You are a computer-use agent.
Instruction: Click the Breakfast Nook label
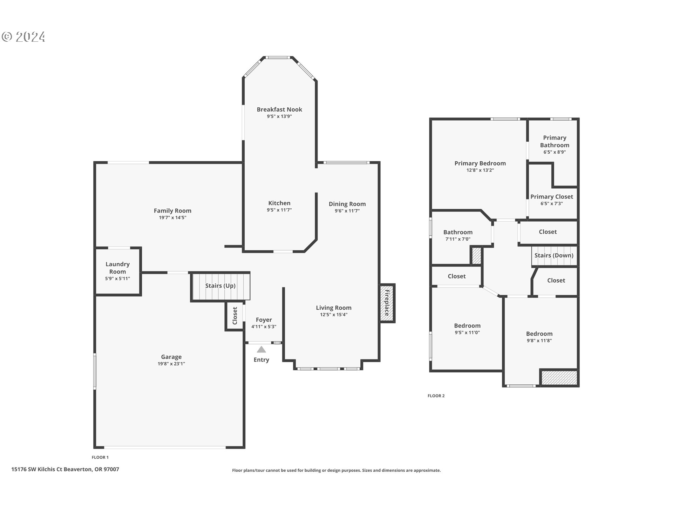coord(279,109)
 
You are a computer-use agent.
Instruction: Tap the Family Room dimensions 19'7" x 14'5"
coord(172,218)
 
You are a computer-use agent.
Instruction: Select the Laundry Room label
coord(117,268)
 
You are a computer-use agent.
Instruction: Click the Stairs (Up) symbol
coord(220,286)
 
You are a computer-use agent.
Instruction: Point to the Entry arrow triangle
coord(261,350)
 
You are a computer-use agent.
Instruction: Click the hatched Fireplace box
coord(387,303)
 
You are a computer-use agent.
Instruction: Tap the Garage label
coord(171,357)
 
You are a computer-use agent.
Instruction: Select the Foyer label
coord(264,320)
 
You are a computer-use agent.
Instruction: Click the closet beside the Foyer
coord(234,316)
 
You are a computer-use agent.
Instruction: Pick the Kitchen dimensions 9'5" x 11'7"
coord(279,210)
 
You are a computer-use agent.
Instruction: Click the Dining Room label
coord(347,204)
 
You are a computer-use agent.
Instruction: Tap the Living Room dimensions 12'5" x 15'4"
coord(333,315)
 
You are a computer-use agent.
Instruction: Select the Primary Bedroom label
coord(480,163)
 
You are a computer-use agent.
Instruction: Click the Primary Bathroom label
coord(554,141)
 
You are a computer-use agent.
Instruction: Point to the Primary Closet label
coord(551,197)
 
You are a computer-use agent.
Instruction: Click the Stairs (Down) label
coord(553,255)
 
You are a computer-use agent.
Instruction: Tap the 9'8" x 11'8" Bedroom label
coord(539,334)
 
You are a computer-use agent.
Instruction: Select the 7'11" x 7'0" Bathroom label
coord(458,232)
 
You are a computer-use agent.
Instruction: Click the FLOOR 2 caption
coord(436,396)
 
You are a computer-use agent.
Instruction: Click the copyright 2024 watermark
coord(23,37)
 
